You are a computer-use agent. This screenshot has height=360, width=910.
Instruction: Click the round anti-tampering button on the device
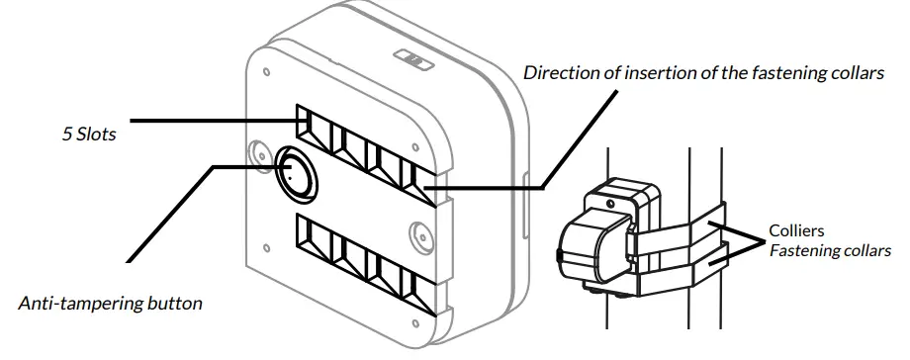pos(296,174)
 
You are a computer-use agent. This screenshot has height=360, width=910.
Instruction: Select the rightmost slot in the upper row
pos(423,186)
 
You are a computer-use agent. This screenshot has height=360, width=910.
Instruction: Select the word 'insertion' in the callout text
pos(653,73)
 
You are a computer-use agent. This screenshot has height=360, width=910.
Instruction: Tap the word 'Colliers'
pos(797,231)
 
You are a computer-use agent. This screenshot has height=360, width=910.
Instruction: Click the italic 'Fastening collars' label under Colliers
pos(830,250)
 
